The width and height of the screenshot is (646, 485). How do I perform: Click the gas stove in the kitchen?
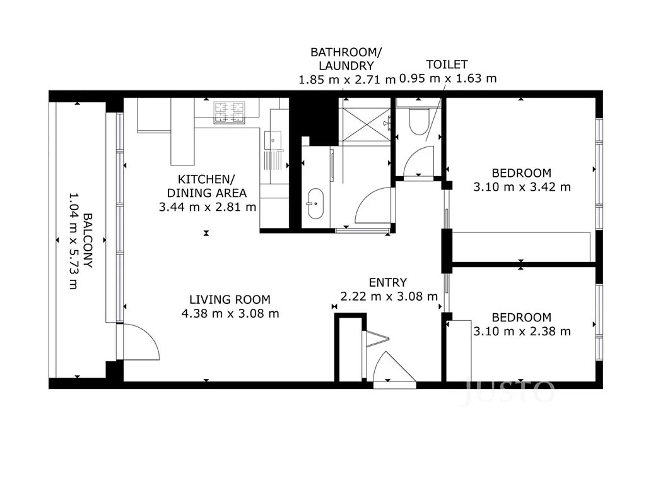pyautogui.click(x=229, y=112)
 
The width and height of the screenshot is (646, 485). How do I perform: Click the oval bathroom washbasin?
pyautogui.click(x=316, y=204)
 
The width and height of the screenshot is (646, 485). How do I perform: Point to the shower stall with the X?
pyautogui.click(x=365, y=124)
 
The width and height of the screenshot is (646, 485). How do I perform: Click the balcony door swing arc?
pyautogui.click(x=144, y=338)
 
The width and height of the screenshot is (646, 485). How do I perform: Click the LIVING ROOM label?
pyautogui.click(x=230, y=300)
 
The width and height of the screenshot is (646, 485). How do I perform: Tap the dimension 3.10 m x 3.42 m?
pyautogui.click(x=522, y=187)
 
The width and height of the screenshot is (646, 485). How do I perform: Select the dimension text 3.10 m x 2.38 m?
pyautogui.click(x=522, y=331)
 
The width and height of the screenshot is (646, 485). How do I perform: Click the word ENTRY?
pyautogui.click(x=388, y=282)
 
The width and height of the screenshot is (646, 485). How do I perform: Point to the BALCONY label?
pyautogui.click(x=88, y=240)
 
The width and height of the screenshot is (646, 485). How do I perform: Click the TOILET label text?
pyautogui.click(x=447, y=65)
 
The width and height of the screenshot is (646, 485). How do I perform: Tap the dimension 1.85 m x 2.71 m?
pyautogui.click(x=347, y=80)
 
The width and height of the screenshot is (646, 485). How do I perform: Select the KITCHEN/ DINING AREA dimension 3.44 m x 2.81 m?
pyautogui.click(x=207, y=207)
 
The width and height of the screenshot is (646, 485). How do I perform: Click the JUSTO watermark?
pyautogui.click(x=510, y=392)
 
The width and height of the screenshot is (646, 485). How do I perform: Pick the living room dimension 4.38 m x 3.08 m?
pyautogui.click(x=230, y=313)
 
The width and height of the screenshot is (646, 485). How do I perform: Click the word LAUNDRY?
pyautogui.click(x=346, y=66)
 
